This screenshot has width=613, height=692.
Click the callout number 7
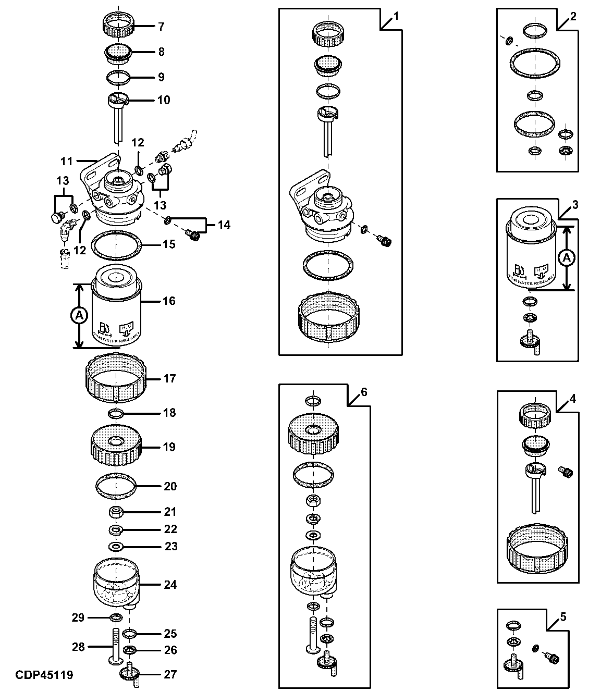tap(161, 26)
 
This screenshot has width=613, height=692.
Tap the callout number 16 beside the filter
tap(169, 301)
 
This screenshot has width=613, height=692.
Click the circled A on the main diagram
tap(79, 315)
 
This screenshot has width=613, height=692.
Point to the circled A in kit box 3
tap(568, 257)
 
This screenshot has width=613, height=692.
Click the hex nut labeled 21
tap(116, 512)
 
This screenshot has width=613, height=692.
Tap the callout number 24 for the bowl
tap(170, 585)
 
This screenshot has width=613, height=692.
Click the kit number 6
tap(364, 392)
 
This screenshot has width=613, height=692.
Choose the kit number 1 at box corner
tap(396, 16)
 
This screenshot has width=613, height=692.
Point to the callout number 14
tap(224, 225)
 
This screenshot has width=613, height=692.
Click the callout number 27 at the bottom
tap(170, 674)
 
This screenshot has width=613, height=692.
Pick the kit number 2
tap(573, 16)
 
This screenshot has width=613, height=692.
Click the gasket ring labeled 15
tap(117, 245)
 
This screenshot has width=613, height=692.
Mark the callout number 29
tap(78, 618)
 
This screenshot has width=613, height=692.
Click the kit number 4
tap(573, 399)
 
